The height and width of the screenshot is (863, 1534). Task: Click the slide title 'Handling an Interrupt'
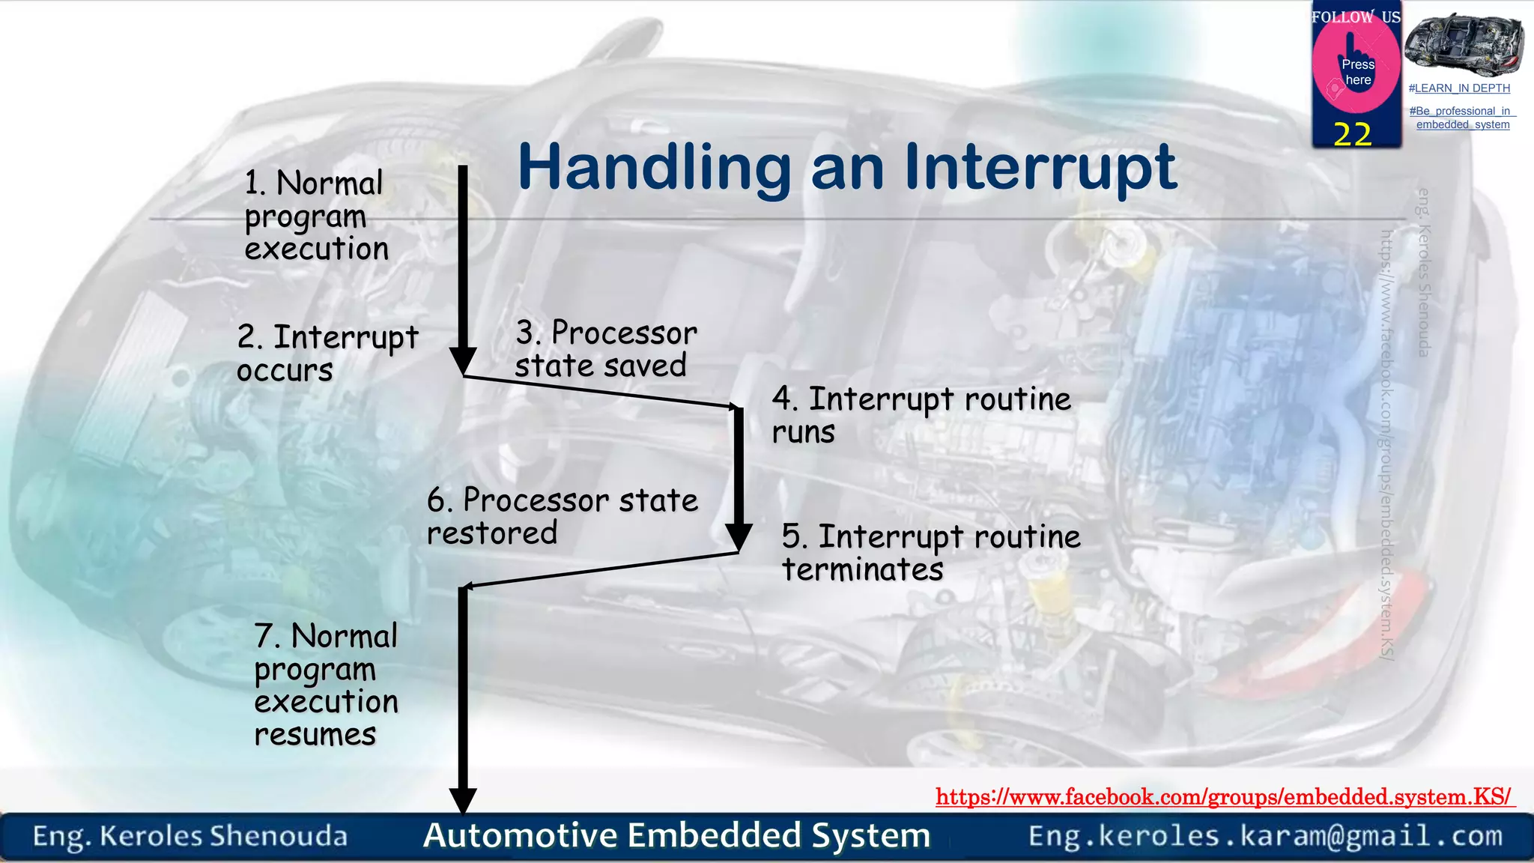point(846,168)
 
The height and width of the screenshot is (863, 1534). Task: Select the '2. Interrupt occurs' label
point(327,353)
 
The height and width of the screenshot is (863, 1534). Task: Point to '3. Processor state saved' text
point(605,349)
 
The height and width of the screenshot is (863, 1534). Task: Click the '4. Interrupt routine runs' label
point(921,415)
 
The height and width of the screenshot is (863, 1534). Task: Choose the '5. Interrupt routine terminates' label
point(930,553)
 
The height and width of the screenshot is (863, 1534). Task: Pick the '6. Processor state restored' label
point(562,516)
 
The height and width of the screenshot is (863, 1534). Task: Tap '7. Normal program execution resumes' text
point(326,685)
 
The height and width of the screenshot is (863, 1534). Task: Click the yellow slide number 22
point(1353,135)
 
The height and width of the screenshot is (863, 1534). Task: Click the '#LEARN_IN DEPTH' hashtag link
point(1459,88)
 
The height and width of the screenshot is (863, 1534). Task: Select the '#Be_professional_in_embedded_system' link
point(1462,118)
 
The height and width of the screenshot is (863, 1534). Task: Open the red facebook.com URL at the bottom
point(1224,796)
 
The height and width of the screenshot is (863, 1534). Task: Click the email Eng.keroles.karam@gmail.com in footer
point(1265,835)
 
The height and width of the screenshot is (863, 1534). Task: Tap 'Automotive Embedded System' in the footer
point(676,835)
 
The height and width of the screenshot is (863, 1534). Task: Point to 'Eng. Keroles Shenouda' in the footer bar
point(190,836)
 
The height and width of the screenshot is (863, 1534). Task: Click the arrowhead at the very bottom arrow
point(463,801)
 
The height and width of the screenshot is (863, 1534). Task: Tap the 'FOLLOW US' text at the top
point(1356,17)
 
